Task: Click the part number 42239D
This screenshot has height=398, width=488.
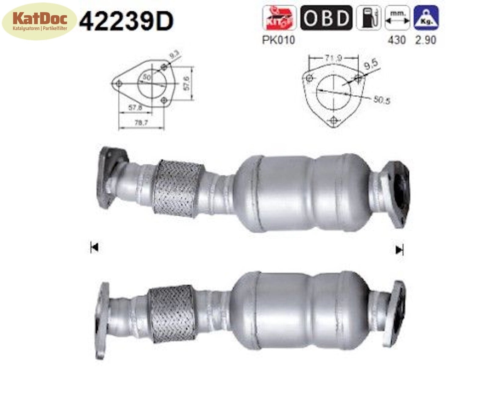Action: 126,21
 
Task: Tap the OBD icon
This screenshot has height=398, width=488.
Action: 326,18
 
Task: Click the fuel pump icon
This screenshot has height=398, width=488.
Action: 368,18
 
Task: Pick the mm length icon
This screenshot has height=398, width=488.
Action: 397,18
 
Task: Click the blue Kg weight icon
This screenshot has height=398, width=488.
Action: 426,18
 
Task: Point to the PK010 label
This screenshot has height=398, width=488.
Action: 278,40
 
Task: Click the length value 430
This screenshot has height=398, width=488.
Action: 396,40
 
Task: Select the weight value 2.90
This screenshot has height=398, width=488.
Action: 425,40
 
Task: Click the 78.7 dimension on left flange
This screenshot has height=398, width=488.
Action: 141,122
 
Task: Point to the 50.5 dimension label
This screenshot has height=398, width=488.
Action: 382,100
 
